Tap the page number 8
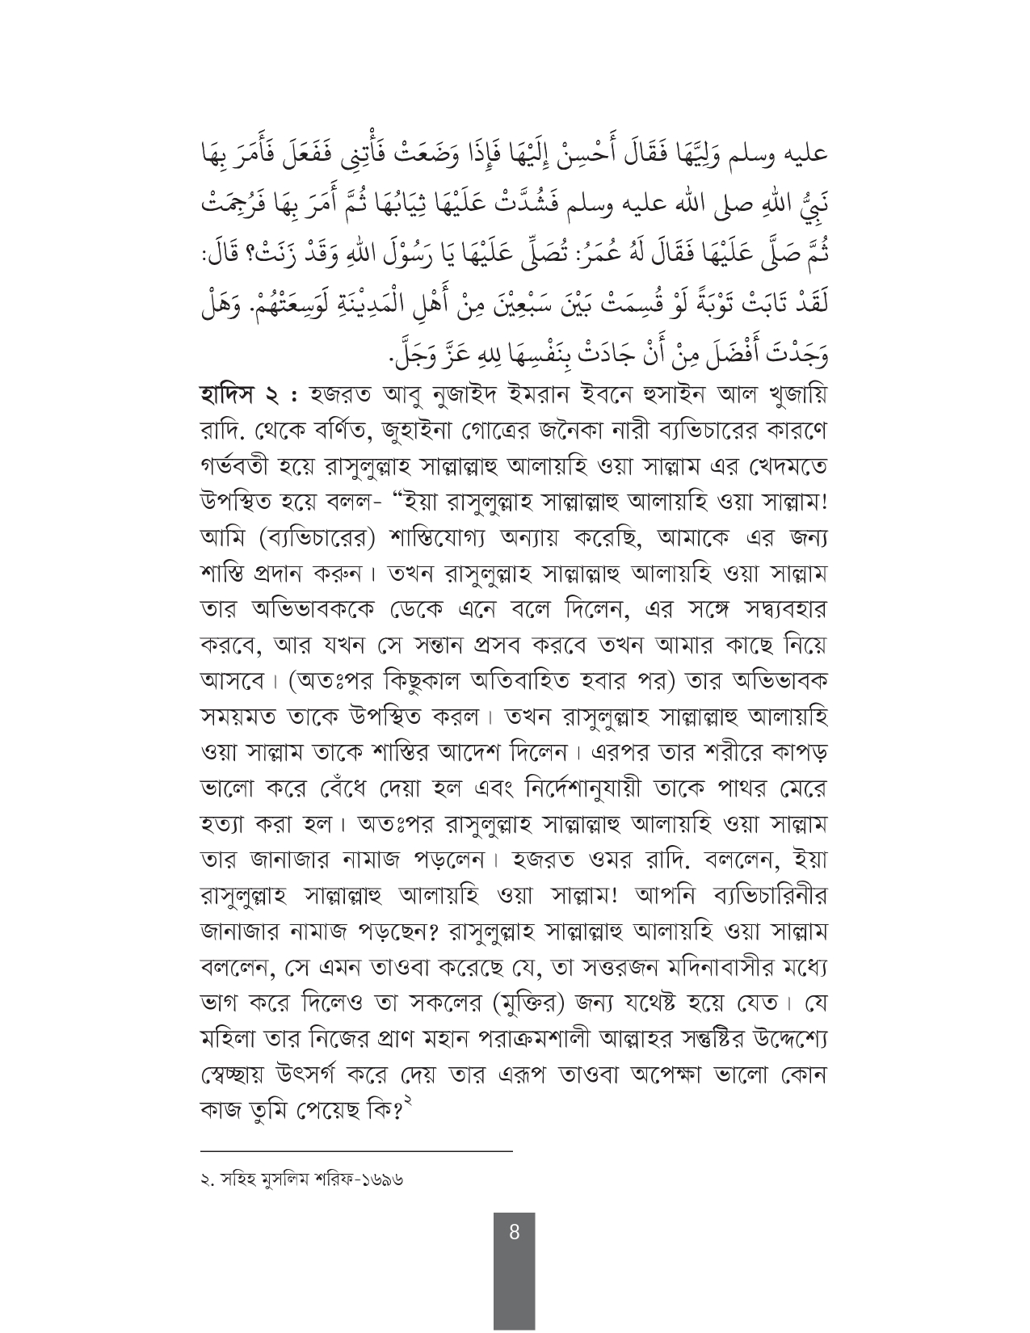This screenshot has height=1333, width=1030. (x=514, y=1233)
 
